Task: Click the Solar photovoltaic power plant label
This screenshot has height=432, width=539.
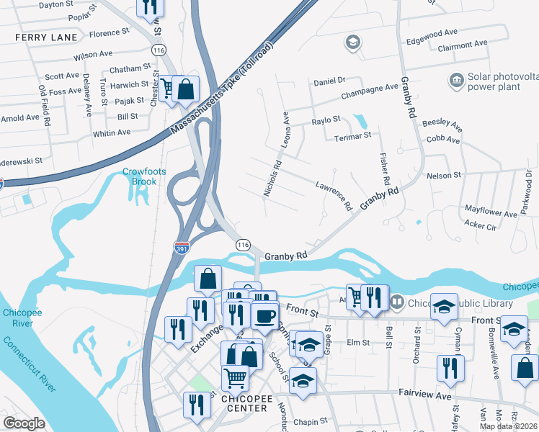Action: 503,81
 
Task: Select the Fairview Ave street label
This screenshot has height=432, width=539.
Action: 424,395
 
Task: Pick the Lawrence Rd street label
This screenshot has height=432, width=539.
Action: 333,195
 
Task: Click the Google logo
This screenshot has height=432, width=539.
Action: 24,423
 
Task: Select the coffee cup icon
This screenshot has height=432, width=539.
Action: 264,315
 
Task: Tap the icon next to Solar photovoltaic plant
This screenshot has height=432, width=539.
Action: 456,79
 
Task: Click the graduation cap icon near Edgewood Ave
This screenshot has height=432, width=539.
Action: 352,43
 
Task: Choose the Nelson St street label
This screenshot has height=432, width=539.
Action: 443,175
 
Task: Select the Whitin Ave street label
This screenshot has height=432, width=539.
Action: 112,132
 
